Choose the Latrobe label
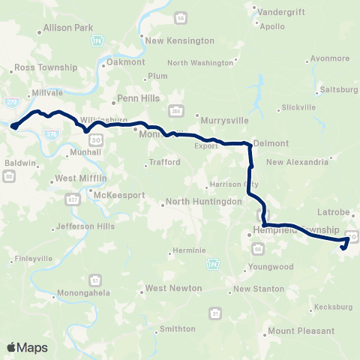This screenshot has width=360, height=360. pos(334,212)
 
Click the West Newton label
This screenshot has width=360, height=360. pos(174,288)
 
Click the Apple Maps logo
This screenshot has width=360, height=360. pos(28,347)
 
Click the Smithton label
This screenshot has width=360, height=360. pos(178,329)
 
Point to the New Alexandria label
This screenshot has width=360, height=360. pos(297,161)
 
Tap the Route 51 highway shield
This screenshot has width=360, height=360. pos(95,280)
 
